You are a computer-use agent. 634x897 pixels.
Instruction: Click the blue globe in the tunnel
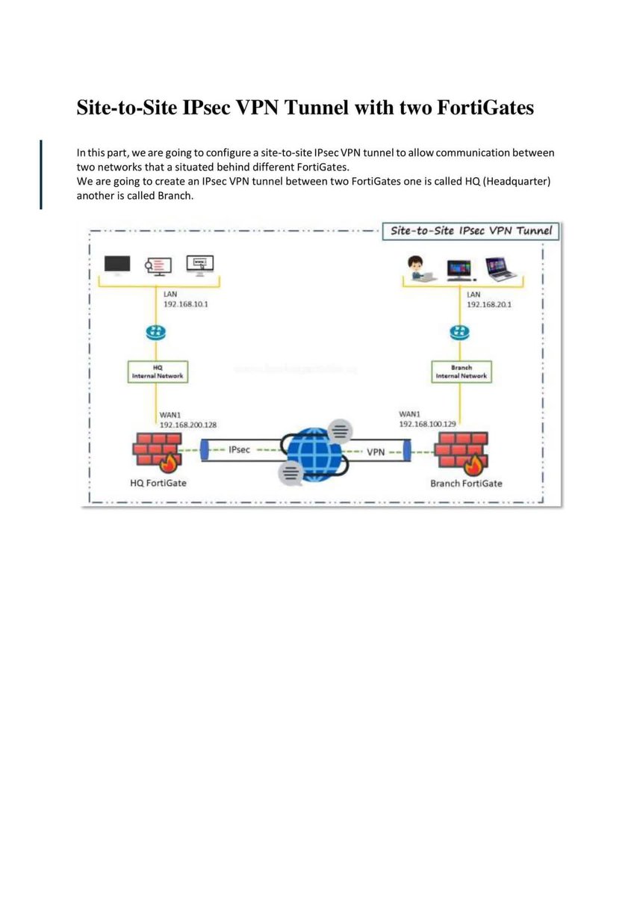tap(312, 451)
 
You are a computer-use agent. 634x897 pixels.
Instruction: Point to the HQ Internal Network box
tap(157, 372)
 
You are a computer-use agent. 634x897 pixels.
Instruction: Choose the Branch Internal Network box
tap(461, 372)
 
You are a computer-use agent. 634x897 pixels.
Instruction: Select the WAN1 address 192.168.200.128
tap(188, 425)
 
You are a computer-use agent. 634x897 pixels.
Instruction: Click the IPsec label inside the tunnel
tap(239, 450)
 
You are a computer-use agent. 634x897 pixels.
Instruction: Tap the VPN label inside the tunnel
tap(376, 452)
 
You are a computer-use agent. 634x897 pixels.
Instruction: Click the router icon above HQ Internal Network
tap(156, 333)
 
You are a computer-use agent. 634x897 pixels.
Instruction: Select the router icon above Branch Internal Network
tap(460, 333)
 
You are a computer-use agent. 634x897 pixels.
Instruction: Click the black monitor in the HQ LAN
tap(117, 265)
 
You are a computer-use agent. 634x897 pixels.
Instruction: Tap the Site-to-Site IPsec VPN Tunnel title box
tap(471, 231)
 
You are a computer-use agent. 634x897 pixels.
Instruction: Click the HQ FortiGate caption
tap(158, 483)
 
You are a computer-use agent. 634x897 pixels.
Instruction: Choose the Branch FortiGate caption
tap(466, 484)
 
